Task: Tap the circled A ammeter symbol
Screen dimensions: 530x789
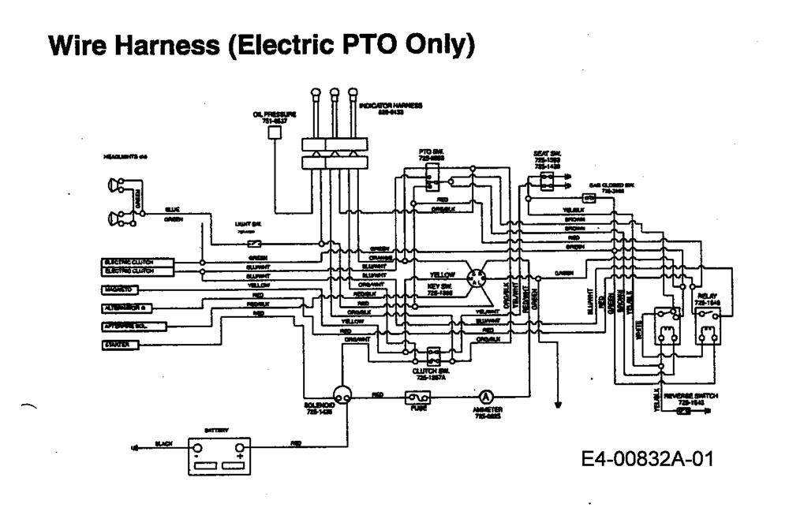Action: pos(485,397)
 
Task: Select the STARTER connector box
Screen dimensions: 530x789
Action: pos(120,345)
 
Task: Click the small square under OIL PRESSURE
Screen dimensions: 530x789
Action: pos(275,134)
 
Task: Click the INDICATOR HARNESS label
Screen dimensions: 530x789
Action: pos(391,105)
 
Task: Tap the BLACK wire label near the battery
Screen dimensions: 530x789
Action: pos(163,444)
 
